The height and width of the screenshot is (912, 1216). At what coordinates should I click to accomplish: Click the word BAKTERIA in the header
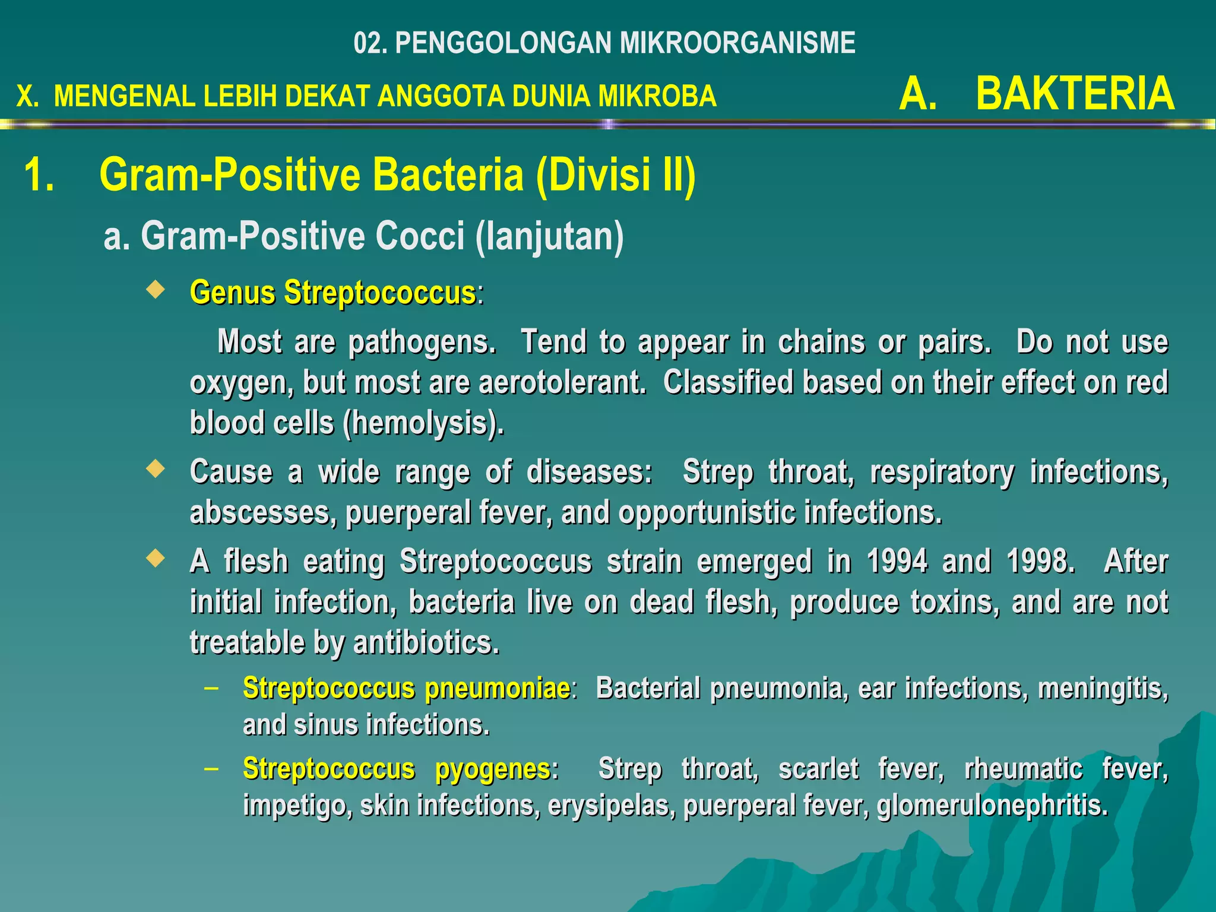1075,94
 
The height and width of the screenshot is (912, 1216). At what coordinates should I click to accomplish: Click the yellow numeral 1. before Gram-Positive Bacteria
39,175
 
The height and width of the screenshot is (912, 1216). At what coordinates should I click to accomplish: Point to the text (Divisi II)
615,175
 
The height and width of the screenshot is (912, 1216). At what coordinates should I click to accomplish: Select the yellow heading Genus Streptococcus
332,293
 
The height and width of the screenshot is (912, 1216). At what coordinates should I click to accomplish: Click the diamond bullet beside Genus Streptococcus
156,290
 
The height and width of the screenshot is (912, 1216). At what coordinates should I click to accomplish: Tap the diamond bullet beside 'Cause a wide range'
156,469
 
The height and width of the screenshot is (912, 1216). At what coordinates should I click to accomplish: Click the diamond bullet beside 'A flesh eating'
156,558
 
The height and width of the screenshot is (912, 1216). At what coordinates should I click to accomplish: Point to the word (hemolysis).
423,423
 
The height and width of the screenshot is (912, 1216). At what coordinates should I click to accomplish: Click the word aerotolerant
562,382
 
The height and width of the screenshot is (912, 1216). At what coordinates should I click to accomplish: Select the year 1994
897,561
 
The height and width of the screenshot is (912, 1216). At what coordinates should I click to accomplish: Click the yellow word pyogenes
493,770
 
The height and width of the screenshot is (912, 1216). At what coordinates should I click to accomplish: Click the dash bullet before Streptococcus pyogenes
210,769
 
